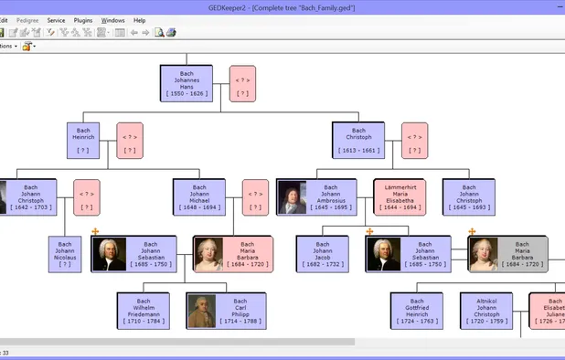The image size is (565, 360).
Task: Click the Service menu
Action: (56, 19)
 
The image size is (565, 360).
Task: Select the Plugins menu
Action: (83, 19)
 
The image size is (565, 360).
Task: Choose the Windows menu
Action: (112, 19)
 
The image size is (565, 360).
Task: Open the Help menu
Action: (139, 19)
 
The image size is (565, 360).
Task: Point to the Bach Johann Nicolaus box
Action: (64, 255)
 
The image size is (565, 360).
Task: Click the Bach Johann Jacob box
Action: (321, 255)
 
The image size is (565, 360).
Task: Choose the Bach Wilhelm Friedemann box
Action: (143, 312)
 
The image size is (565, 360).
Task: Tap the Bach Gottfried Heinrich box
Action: (417, 312)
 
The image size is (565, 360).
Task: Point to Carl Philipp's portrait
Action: (200, 311)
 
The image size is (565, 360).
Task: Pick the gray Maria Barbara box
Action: (522, 255)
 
